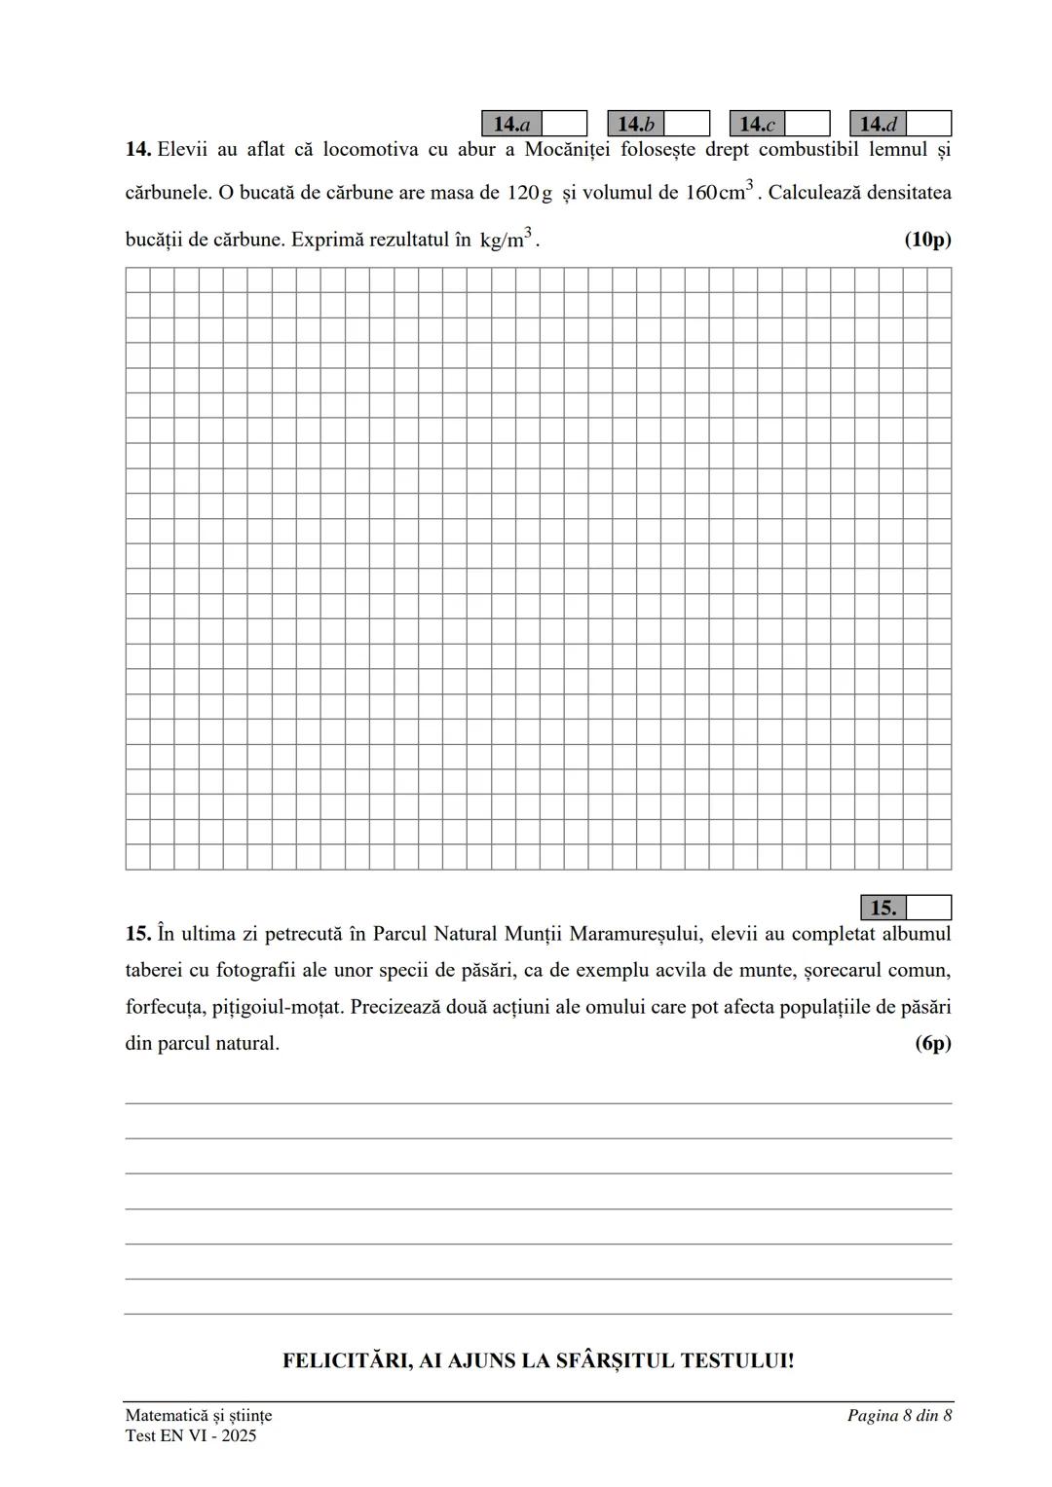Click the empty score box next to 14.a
click(x=564, y=124)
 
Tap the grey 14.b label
click(x=635, y=124)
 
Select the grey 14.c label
click(x=757, y=124)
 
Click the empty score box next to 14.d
click(x=928, y=124)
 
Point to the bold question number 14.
click(x=137, y=150)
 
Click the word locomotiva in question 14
click(x=370, y=150)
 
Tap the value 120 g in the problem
click(x=529, y=193)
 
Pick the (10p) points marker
click(x=927, y=240)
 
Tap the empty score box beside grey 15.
click(x=928, y=908)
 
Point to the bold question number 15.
click(x=137, y=934)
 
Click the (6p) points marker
click(x=932, y=1044)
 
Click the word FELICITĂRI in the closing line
click(x=346, y=1360)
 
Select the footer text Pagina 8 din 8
click(x=899, y=1415)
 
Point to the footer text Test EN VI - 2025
click(x=191, y=1435)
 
